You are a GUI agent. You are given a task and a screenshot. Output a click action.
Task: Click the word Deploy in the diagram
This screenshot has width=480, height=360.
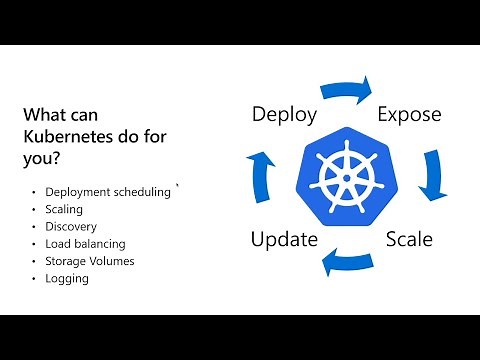click(x=284, y=114)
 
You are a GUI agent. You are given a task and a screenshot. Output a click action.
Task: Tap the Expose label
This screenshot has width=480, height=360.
click(x=409, y=114)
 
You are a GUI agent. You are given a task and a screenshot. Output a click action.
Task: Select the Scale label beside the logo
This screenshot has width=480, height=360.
click(x=409, y=239)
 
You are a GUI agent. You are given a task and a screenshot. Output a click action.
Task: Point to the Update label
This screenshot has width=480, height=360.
click(x=284, y=239)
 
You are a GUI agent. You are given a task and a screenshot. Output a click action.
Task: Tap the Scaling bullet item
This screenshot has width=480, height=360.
click(x=64, y=210)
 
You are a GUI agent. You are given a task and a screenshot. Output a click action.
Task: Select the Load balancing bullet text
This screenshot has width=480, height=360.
click(x=86, y=244)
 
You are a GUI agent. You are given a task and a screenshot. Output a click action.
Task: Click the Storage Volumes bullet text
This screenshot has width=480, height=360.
click(x=90, y=261)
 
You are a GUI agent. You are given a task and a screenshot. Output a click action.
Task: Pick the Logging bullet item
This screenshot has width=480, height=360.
click(x=67, y=278)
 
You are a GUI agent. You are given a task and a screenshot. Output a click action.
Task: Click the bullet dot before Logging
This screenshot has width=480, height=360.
click(x=34, y=278)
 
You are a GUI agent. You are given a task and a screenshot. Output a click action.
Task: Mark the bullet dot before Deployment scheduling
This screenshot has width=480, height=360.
click(x=34, y=193)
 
